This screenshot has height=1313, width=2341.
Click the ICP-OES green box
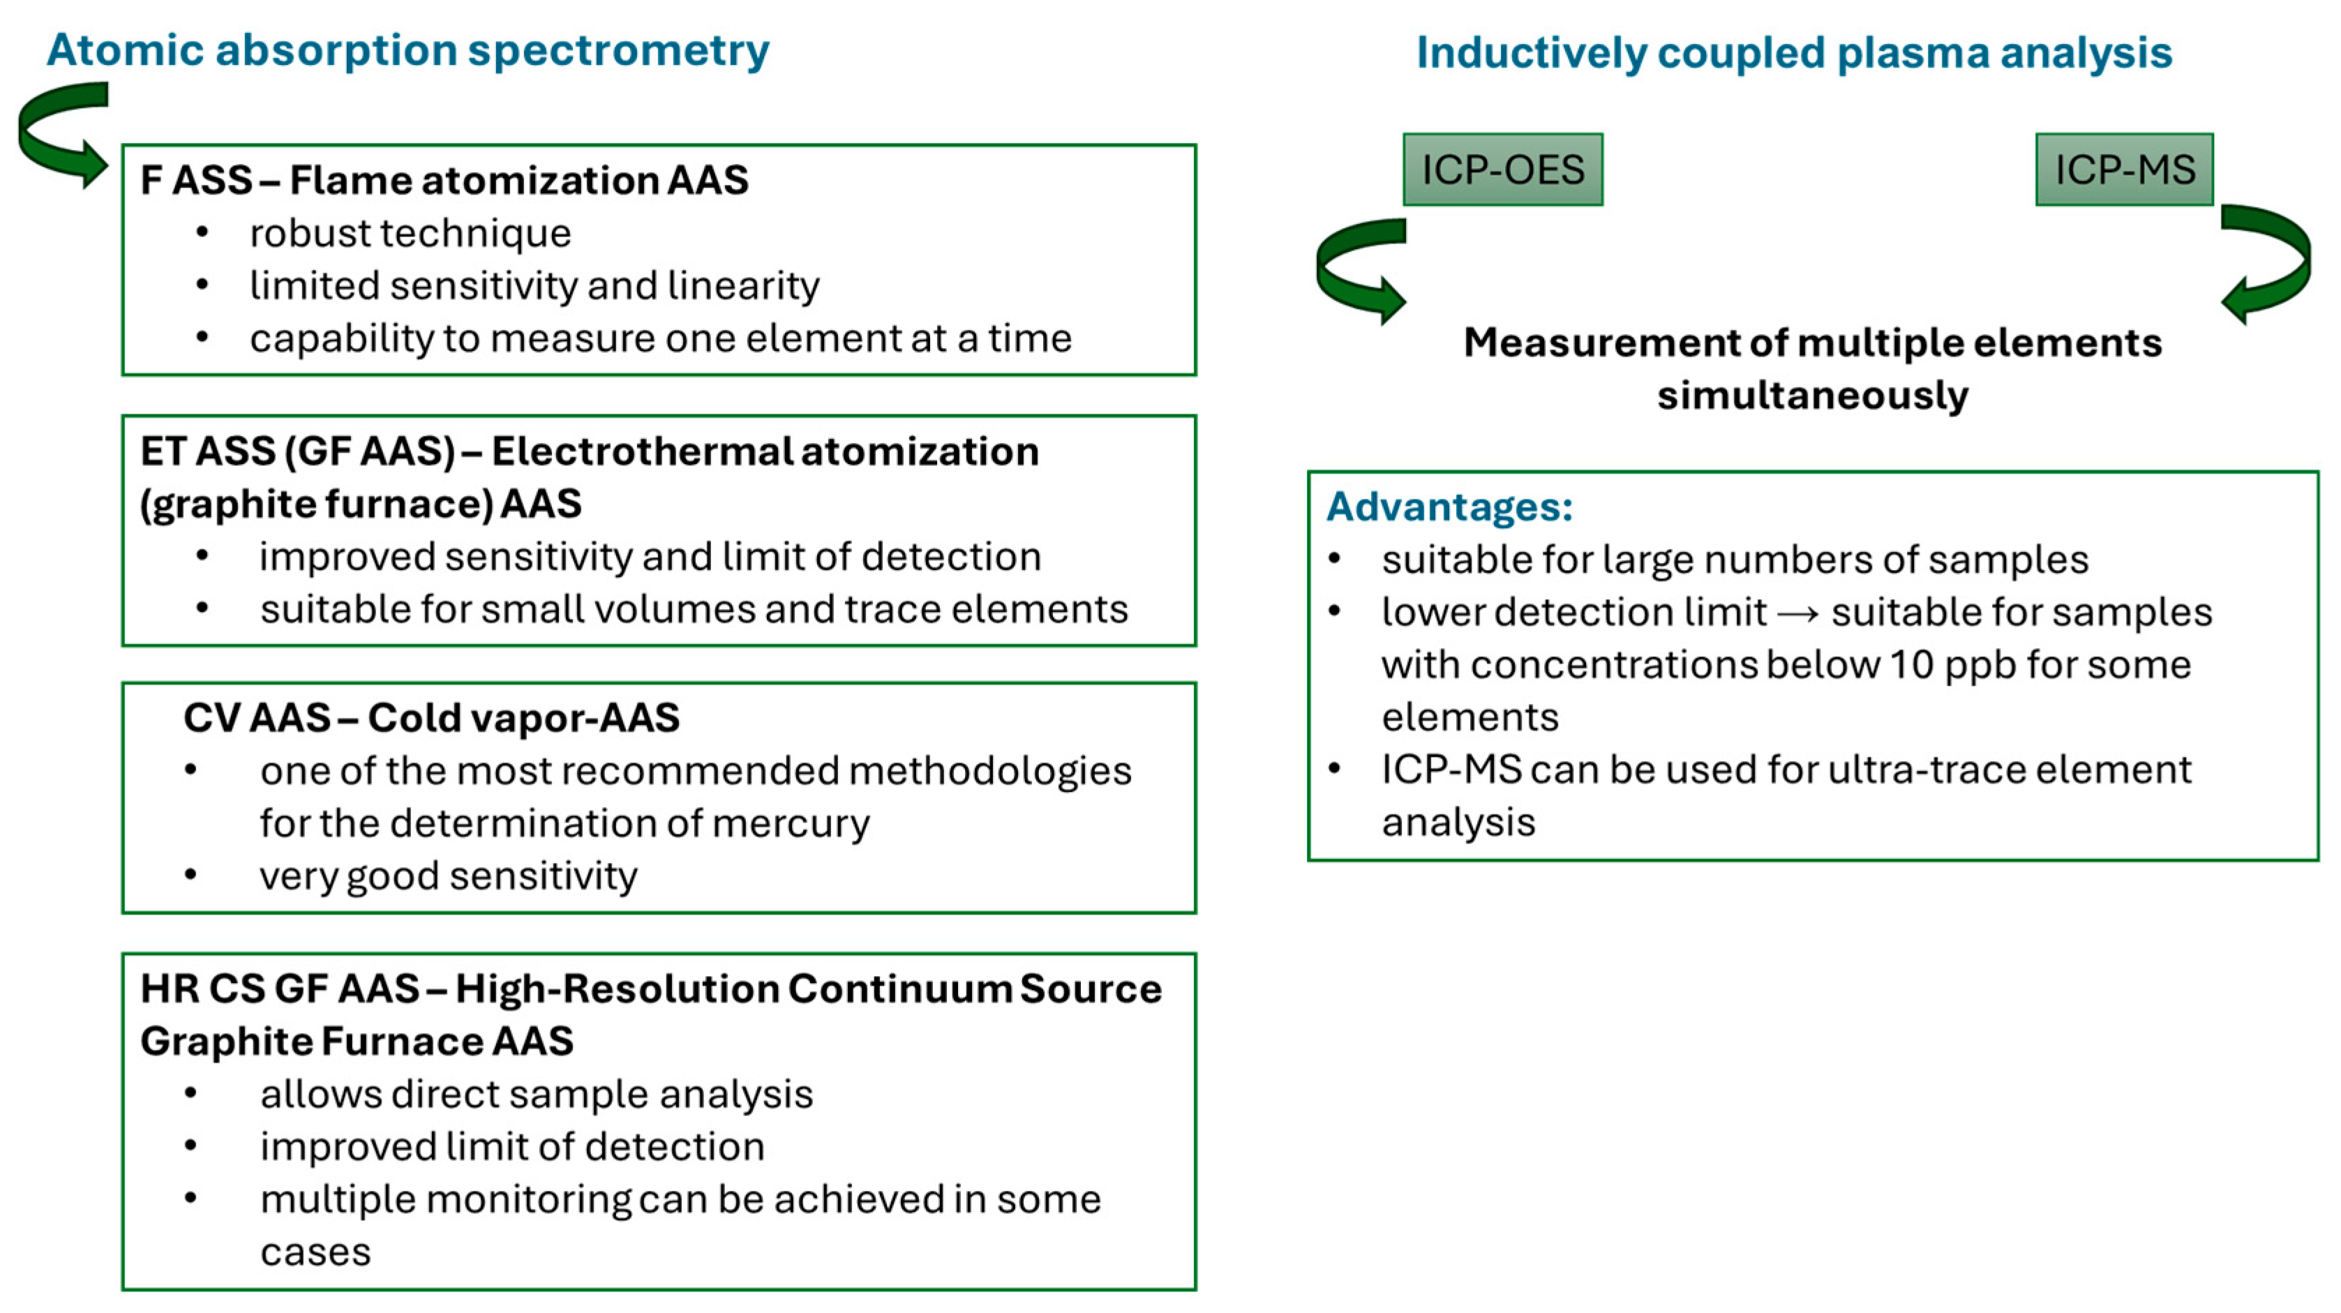click(1502, 170)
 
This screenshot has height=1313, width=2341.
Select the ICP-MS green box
click(2124, 170)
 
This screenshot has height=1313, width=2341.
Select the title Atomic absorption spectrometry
click(408, 50)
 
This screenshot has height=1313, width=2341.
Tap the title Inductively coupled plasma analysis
click(1794, 53)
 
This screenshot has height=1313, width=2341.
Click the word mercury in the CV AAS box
click(790, 823)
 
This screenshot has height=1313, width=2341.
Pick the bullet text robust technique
click(410, 234)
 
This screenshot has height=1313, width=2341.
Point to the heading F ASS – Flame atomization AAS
click(444, 180)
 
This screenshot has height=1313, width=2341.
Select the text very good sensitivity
click(448, 876)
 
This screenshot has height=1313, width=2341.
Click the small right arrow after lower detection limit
click(1797, 614)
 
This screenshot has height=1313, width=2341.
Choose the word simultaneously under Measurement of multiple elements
click(1812, 396)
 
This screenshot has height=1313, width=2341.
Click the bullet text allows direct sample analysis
click(536, 1094)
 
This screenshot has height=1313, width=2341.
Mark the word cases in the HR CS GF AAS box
click(315, 1252)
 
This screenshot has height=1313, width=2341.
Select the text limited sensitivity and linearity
click(534, 286)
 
